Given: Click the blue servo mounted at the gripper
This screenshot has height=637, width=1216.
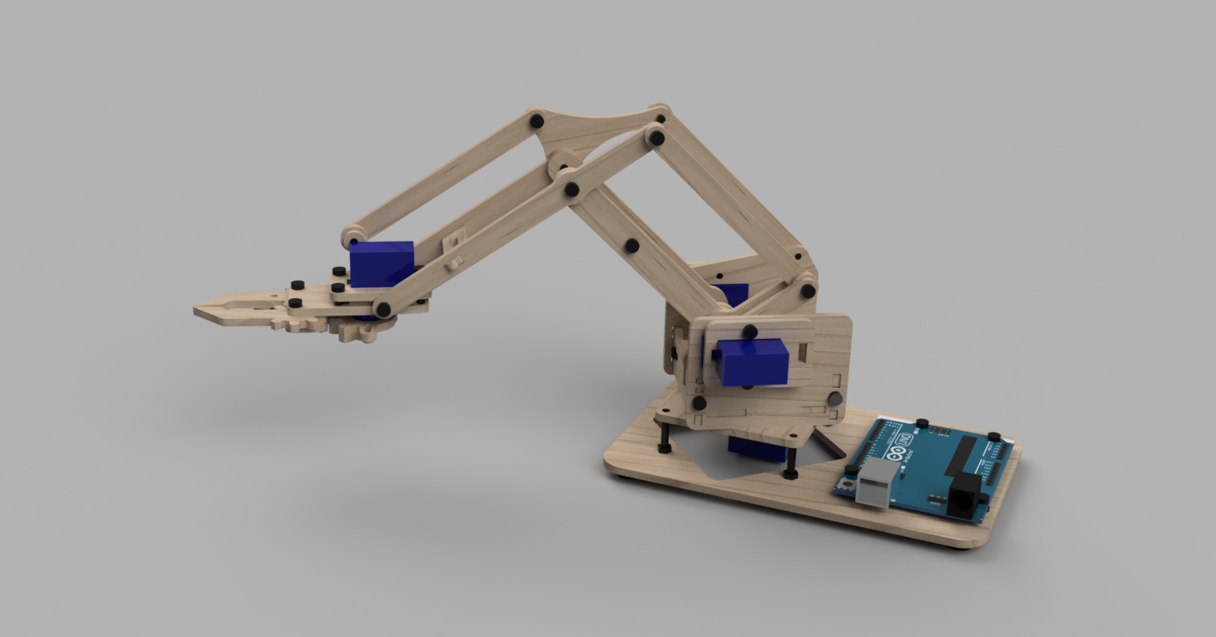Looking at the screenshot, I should click(x=383, y=263).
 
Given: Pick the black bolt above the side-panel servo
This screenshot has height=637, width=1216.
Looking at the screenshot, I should click(x=750, y=330).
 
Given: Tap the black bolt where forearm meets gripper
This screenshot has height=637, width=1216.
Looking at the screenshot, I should click(x=384, y=308).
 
